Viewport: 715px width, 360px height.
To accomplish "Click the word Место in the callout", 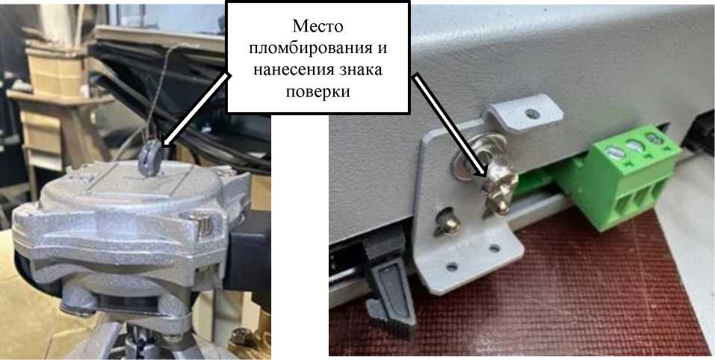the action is (318, 26).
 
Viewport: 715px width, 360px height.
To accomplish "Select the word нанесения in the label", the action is (288, 69).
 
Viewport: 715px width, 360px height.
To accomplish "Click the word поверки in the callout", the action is (318, 92).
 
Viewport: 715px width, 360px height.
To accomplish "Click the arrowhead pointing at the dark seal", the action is (167, 142).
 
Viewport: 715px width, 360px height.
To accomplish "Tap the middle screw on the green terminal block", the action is (636, 146).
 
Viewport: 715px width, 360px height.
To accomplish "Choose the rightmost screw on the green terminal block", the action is (654, 138).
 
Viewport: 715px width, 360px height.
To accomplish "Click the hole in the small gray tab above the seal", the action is (531, 113).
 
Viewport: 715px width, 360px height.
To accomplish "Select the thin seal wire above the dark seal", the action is (158, 92).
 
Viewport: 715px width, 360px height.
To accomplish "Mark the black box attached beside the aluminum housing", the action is (249, 253).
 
